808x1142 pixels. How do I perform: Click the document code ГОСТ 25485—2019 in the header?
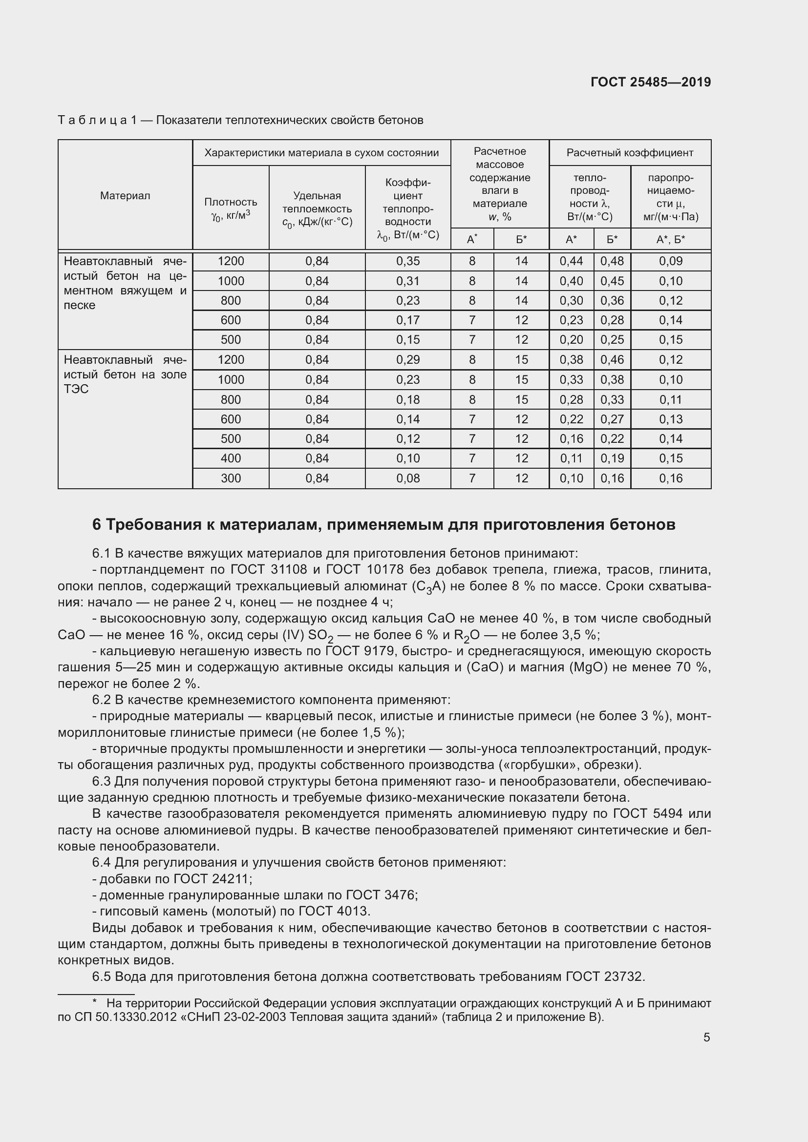click(x=650, y=82)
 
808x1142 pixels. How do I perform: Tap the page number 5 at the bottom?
click(x=706, y=1037)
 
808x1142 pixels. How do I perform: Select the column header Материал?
click(x=125, y=195)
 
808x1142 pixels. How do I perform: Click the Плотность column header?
click(x=231, y=208)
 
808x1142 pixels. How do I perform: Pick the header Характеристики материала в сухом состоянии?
click(x=321, y=153)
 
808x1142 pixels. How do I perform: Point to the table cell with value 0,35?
click(x=407, y=261)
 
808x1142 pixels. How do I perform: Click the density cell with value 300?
click(x=231, y=478)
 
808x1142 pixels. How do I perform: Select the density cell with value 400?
click(x=231, y=458)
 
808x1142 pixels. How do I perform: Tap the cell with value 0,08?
click(x=407, y=478)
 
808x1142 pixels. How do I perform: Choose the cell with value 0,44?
click(x=571, y=261)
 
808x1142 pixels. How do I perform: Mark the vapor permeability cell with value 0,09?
click(x=670, y=261)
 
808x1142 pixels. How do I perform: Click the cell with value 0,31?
click(x=407, y=281)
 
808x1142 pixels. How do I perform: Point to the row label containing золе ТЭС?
click(x=125, y=374)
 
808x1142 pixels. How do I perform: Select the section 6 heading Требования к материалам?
click(x=383, y=525)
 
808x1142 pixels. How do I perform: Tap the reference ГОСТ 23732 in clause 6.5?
click(x=605, y=976)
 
